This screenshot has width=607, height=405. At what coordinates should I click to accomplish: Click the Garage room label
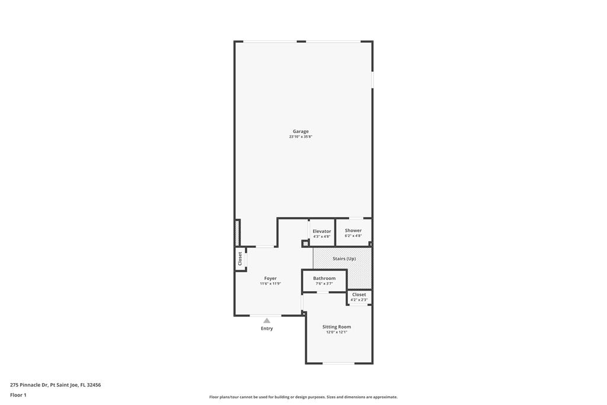tap(301, 131)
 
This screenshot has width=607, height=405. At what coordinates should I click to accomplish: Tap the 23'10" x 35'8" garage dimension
tap(301, 136)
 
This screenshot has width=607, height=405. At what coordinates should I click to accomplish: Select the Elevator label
tap(322, 231)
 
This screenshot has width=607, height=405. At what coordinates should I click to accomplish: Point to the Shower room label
tap(353, 231)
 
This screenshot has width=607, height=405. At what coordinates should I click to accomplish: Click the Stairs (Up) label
tap(344, 259)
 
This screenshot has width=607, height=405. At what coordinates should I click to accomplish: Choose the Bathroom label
tap(324, 278)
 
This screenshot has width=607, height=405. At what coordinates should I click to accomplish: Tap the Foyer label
tap(270, 278)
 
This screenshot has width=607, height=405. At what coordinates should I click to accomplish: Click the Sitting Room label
tap(337, 327)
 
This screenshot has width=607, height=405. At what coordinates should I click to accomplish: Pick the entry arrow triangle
tap(267, 321)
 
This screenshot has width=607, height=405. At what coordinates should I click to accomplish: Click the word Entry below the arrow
tap(267, 329)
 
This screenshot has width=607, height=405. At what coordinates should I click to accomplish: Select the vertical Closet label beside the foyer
tap(240, 259)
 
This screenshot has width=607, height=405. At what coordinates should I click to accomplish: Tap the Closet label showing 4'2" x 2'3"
tap(359, 295)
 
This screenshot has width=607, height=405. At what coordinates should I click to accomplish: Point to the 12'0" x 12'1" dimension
tap(337, 332)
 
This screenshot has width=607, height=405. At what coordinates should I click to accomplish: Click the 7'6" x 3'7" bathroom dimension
tap(324, 283)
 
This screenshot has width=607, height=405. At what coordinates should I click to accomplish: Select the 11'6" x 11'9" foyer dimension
tap(270, 283)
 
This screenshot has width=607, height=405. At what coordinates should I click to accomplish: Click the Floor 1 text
tap(18, 396)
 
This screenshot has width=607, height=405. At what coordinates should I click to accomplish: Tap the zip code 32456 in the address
tap(94, 385)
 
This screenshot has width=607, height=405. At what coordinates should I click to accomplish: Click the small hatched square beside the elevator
tap(305, 244)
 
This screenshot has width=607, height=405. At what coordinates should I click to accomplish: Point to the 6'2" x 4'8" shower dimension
tap(353, 235)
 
